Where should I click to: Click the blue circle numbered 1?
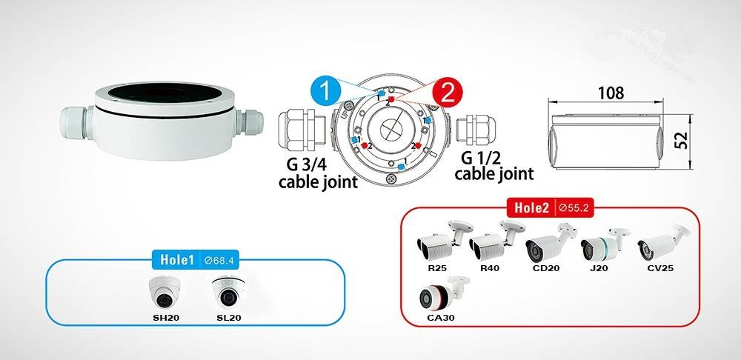coord(325,90)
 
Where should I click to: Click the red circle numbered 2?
coord(447,93)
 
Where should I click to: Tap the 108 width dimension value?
coord(611,93)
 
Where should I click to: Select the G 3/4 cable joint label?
coord(318,173)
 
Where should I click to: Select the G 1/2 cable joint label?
coord(494,165)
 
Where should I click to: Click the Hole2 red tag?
coord(531,207)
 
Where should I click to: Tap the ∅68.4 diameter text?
coord(219,260)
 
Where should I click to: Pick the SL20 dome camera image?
coord(228,293)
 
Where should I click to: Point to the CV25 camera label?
coord(660,268)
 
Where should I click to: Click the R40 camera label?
coord(490,268)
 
